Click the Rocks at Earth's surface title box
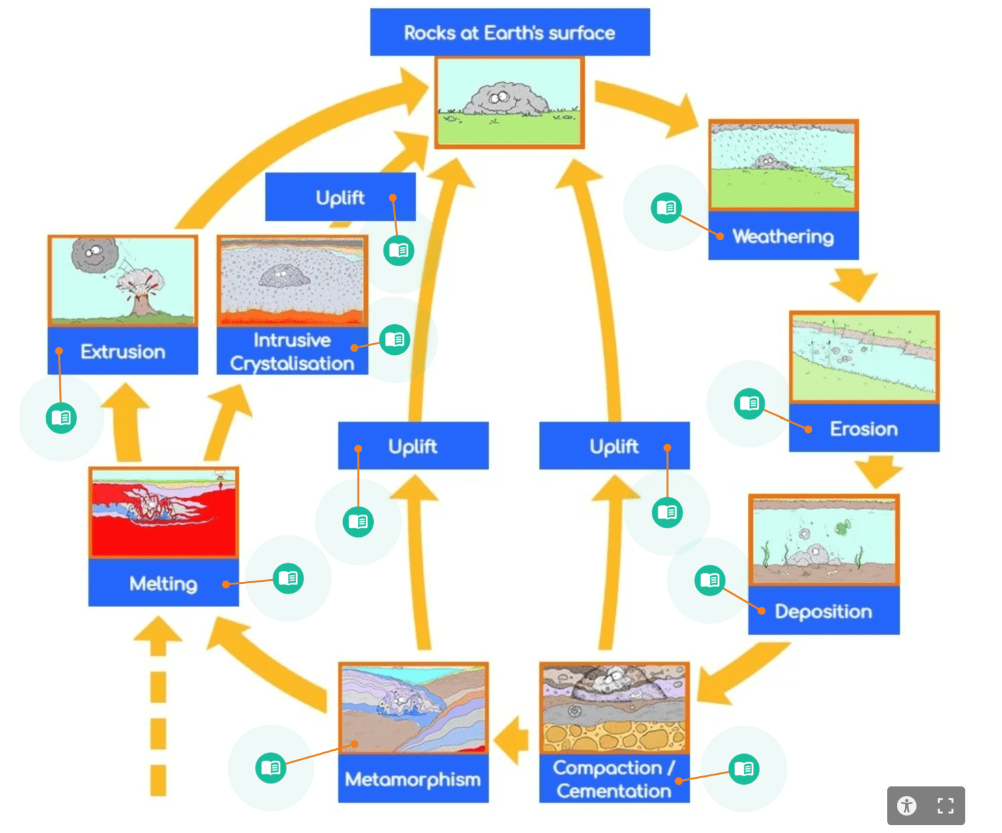pos(509,33)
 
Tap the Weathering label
pos(783,236)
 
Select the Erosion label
pos(864,429)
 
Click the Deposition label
pos(823,611)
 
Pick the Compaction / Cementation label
pos(613,779)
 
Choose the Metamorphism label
pos(412,779)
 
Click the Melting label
pos(163,583)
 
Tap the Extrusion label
pos(123,352)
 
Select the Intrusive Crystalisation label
pos(292,352)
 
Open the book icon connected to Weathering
pos(666,207)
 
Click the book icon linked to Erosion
pos(749,404)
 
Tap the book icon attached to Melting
pos(288,578)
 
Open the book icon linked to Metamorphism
pos(270,768)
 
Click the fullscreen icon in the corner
pos(945,806)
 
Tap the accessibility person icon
pos(907,806)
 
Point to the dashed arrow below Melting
pos(158,718)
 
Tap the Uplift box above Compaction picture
pos(614,446)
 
